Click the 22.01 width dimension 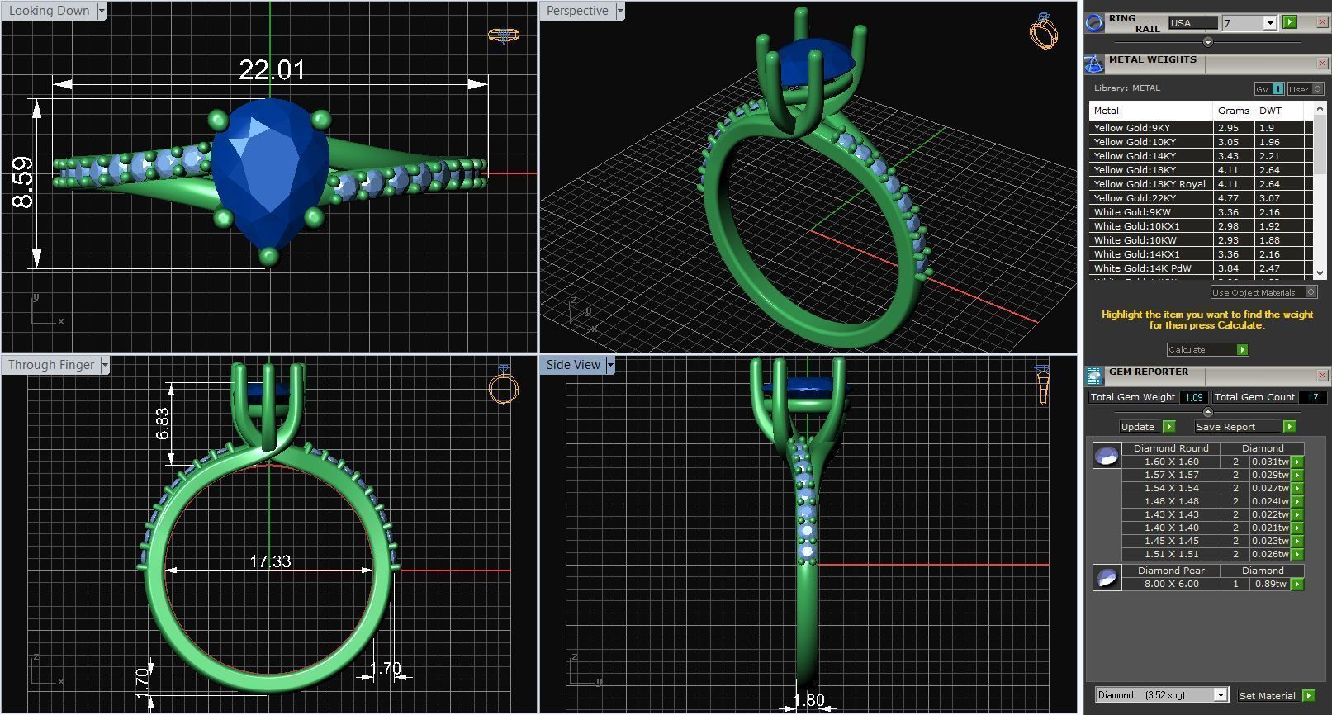click(272, 70)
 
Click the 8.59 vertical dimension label click(23, 182)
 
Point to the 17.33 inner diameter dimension click(270, 561)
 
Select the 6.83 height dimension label click(163, 424)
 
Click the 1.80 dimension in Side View click(808, 700)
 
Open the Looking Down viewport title click(49, 11)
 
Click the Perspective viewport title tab click(576, 11)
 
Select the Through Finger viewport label click(50, 365)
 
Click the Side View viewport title click(572, 365)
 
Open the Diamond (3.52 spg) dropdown click(1161, 695)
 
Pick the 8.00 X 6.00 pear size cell click(1171, 584)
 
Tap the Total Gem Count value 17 click(1312, 397)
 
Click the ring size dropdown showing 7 click(1249, 23)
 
